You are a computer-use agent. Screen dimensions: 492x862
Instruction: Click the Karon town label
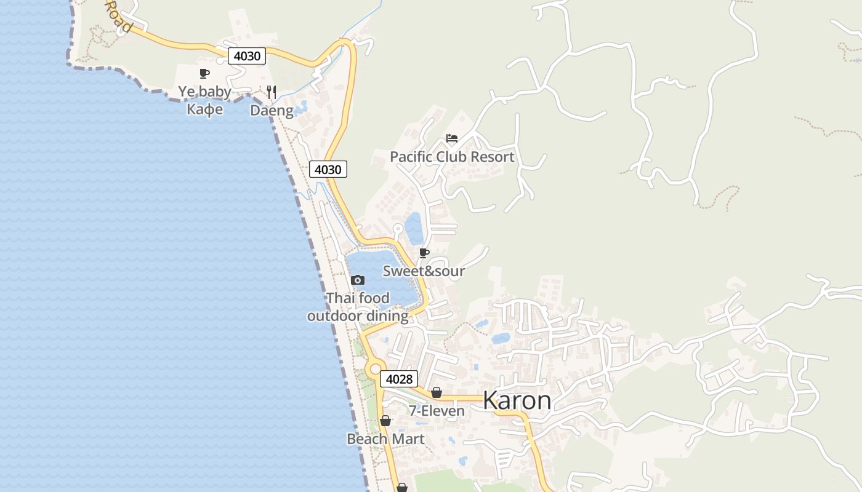pos(517,400)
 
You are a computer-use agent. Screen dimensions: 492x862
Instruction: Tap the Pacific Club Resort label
pos(452,157)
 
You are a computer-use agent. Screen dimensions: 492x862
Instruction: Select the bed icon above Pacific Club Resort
pos(452,138)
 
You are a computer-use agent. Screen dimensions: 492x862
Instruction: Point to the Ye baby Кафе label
pos(205,100)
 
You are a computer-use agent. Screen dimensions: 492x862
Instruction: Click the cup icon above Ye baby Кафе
pos(204,74)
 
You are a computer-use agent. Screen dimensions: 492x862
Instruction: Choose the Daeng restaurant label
pos(272,111)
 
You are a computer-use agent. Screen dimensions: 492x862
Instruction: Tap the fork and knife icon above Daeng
pos(272,92)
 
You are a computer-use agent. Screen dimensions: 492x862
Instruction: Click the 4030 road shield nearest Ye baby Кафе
pos(247,56)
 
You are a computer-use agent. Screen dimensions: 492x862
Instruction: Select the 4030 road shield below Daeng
pos(328,169)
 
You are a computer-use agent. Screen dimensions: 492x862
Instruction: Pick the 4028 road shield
pos(399,379)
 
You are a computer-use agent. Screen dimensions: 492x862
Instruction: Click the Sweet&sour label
pos(424,271)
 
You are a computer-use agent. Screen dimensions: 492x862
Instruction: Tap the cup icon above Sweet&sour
pos(424,253)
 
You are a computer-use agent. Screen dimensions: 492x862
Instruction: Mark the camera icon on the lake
pos(357,280)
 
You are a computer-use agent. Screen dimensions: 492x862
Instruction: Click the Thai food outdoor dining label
pos(358,307)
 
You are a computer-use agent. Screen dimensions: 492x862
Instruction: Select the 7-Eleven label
pos(437,411)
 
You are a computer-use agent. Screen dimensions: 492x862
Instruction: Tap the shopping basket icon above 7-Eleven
pos(437,392)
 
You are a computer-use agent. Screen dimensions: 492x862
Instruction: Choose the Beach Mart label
pos(385,439)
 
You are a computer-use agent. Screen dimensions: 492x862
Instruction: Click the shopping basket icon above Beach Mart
pos(385,421)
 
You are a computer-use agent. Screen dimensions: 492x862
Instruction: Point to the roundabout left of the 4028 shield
pos(374,370)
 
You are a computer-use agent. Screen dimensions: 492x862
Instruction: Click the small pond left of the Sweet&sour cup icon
pos(413,228)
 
